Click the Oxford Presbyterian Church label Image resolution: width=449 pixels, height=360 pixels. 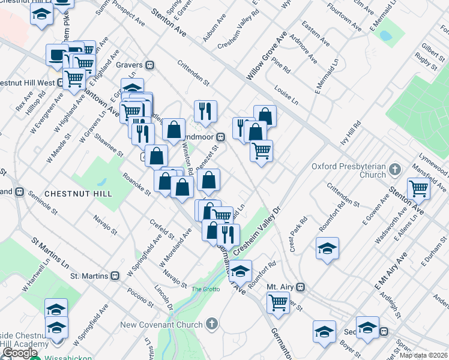[x=349, y=170]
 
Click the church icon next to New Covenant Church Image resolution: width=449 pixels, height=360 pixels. [x=211, y=325]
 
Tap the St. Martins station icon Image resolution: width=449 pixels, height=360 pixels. [x=114, y=276]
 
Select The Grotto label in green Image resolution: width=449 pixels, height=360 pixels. [x=206, y=290]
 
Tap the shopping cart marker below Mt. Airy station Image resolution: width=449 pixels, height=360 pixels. [x=279, y=302]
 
